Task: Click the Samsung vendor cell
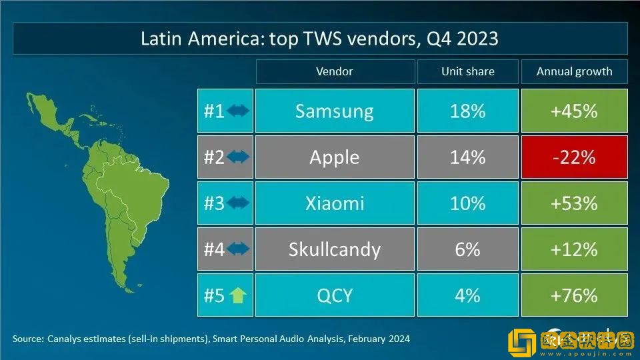[x=335, y=111]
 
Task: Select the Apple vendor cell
[x=335, y=157]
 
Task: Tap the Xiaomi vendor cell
[x=335, y=203]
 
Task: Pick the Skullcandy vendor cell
[x=335, y=249]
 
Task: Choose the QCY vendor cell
[x=335, y=295]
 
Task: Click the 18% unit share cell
[x=467, y=111]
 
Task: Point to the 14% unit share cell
[x=467, y=157]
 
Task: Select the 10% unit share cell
[x=467, y=203]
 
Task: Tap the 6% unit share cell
[x=467, y=249]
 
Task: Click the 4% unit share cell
[x=467, y=295]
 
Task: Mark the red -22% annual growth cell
[x=574, y=157]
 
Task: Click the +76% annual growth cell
[x=574, y=295]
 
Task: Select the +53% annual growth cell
[x=574, y=203]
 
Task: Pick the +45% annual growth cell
[x=574, y=111]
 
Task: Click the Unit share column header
[x=467, y=71]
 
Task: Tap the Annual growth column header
[x=574, y=71]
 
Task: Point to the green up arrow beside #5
[x=237, y=295]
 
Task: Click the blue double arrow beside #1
[x=238, y=111]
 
